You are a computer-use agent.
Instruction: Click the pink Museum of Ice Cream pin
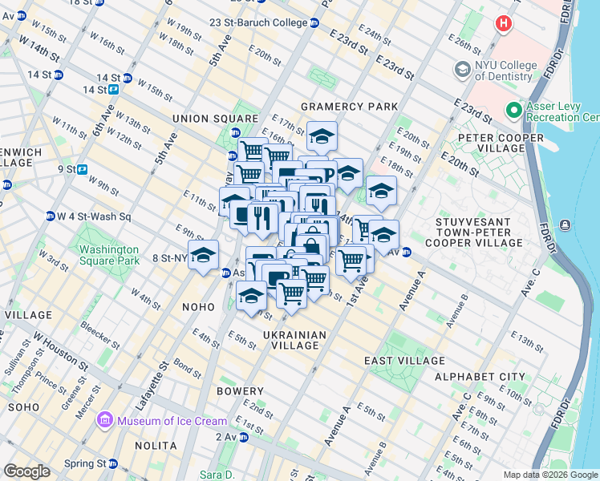[105, 420]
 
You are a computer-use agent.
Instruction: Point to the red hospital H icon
[503, 23]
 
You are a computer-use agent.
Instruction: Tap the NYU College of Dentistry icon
[463, 71]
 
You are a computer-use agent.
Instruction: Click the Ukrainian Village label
[294, 342]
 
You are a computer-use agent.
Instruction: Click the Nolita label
[156, 446]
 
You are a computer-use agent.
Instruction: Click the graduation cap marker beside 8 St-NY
[204, 256]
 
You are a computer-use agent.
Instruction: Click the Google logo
[26, 471]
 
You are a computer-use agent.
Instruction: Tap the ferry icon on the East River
[566, 224]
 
